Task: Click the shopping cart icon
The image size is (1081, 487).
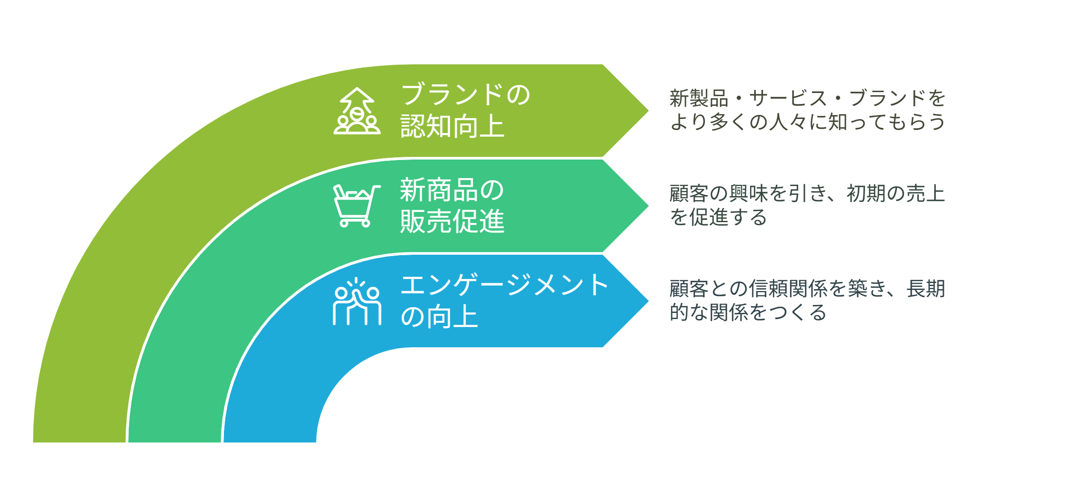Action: [357, 206]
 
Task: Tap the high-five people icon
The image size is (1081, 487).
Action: [357, 301]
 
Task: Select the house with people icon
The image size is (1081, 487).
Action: [357, 111]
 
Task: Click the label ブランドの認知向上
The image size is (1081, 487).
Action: [466, 110]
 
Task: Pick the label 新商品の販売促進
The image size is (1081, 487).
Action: [452, 205]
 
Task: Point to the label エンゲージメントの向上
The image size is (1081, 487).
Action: [504, 301]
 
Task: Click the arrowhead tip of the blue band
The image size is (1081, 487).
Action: [649, 301]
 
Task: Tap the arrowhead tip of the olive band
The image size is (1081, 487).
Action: [649, 111]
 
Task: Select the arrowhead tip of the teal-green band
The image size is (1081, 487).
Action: [649, 206]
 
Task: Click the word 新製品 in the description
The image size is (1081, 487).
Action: [699, 98]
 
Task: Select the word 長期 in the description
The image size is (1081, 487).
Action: [926, 289]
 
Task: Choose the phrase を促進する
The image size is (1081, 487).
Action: [719, 217]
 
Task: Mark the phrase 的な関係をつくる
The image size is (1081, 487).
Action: [748, 312]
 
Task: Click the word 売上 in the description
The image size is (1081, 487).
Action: [926, 193]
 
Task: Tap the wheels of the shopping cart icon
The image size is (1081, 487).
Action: [355, 223]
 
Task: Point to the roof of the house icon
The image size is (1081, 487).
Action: [357, 96]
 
